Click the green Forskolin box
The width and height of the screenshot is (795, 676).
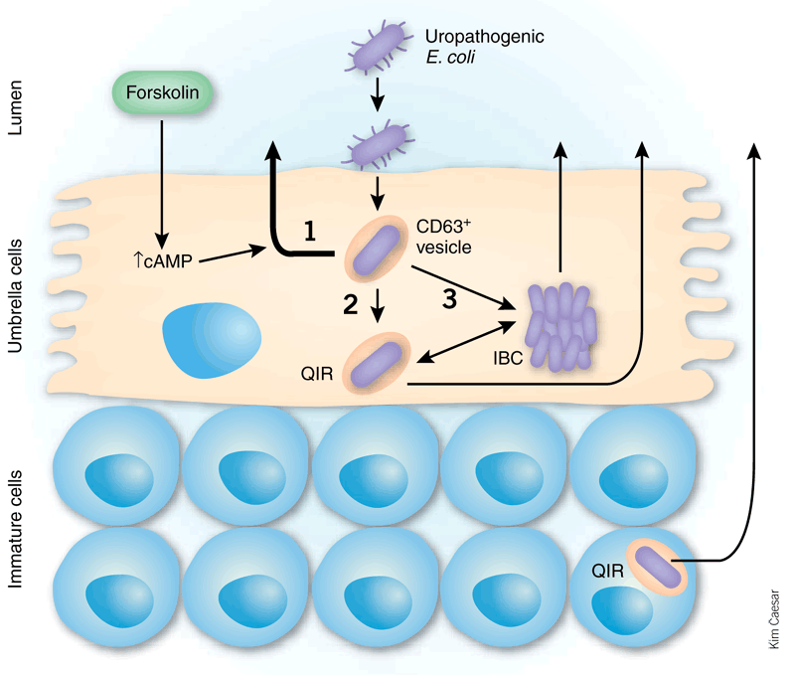(x=162, y=92)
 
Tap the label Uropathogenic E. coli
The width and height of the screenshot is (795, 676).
(x=484, y=46)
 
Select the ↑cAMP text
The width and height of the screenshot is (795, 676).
(x=163, y=260)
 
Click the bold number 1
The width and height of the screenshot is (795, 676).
(x=310, y=231)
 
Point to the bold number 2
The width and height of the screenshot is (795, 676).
(x=351, y=304)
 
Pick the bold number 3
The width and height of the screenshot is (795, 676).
(x=450, y=298)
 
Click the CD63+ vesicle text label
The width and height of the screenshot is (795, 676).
(x=443, y=237)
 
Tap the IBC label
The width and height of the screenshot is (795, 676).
(x=508, y=358)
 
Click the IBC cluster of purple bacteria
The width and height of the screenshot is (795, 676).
(x=560, y=327)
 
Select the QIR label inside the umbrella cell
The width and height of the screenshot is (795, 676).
(x=317, y=374)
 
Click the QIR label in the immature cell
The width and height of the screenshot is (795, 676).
(x=607, y=571)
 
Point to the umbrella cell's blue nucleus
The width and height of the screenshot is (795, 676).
(x=212, y=340)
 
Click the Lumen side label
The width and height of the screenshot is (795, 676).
(x=15, y=107)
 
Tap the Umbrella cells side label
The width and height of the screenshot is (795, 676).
(x=15, y=295)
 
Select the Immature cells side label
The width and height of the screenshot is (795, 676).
(x=15, y=529)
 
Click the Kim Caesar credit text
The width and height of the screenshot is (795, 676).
(x=774, y=618)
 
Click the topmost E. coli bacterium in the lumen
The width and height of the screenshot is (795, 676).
(x=378, y=47)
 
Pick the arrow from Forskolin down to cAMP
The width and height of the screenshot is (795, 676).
(x=162, y=185)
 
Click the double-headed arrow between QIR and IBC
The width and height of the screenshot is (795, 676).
(x=466, y=342)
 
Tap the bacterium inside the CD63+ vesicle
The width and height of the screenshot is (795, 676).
(x=377, y=251)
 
